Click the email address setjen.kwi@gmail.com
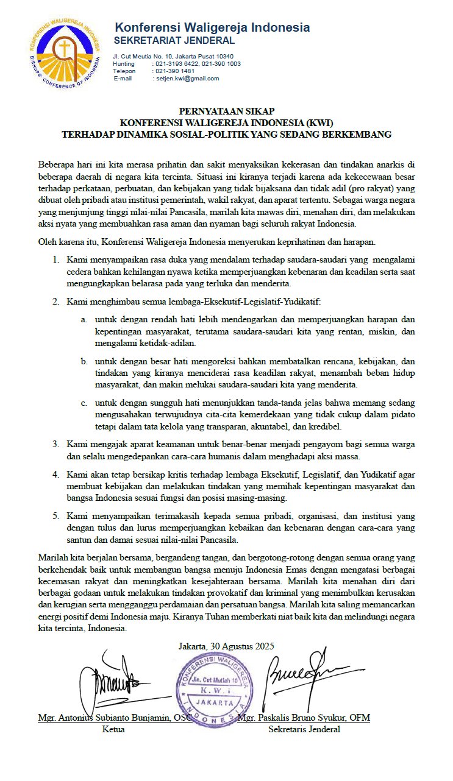[x=187, y=79]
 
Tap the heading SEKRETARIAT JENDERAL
[x=174, y=41]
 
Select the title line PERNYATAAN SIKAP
[x=226, y=111]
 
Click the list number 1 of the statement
[x=55, y=260]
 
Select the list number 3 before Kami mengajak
[x=55, y=444]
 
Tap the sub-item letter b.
[x=84, y=361]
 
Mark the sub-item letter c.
[x=84, y=403]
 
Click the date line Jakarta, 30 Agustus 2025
[x=226, y=646]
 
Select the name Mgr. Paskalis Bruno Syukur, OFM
[x=304, y=718]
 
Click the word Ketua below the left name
[x=114, y=729]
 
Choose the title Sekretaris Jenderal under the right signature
[x=304, y=729]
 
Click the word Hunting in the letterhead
[x=124, y=64]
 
